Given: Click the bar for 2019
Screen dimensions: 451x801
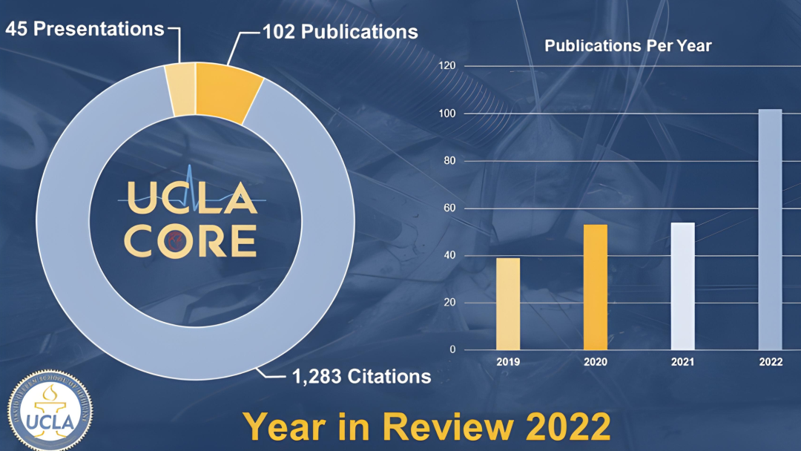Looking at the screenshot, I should coord(508,304).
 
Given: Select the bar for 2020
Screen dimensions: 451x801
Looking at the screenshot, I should coord(596,287).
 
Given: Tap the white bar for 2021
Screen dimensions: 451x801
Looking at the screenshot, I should coord(683,286).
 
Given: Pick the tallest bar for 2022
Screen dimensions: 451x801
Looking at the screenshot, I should coord(770,230).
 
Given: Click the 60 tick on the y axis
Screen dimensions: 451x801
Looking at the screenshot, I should coord(448,208).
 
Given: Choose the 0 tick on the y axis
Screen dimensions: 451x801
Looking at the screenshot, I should coord(452,350).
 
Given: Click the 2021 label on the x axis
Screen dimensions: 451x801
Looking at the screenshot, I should coord(683,362).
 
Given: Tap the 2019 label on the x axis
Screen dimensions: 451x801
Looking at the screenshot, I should coord(508,362).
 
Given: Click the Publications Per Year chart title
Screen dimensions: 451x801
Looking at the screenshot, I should coord(627,46).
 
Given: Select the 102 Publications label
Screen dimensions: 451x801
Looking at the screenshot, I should coord(340,32).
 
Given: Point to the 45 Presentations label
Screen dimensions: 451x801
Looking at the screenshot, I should coord(85,29).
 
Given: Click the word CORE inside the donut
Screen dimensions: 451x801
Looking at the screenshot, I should coord(191,240).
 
